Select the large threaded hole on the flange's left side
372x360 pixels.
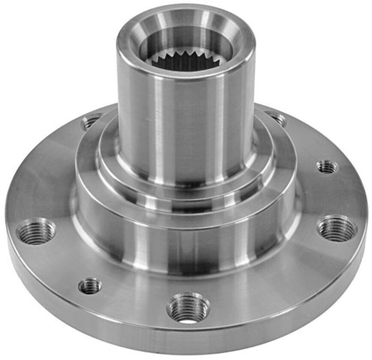pyautogui.click(x=36, y=231)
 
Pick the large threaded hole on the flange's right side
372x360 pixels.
pyautogui.click(x=337, y=228)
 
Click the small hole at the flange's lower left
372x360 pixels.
pyautogui.click(x=90, y=285)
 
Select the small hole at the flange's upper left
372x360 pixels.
pyautogui.click(x=90, y=122)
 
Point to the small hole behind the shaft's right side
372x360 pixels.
pyautogui.click(x=276, y=117)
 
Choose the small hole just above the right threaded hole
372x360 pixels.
pyautogui.click(x=327, y=167)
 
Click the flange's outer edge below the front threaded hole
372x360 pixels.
pyautogui.click(x=189, y=339)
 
